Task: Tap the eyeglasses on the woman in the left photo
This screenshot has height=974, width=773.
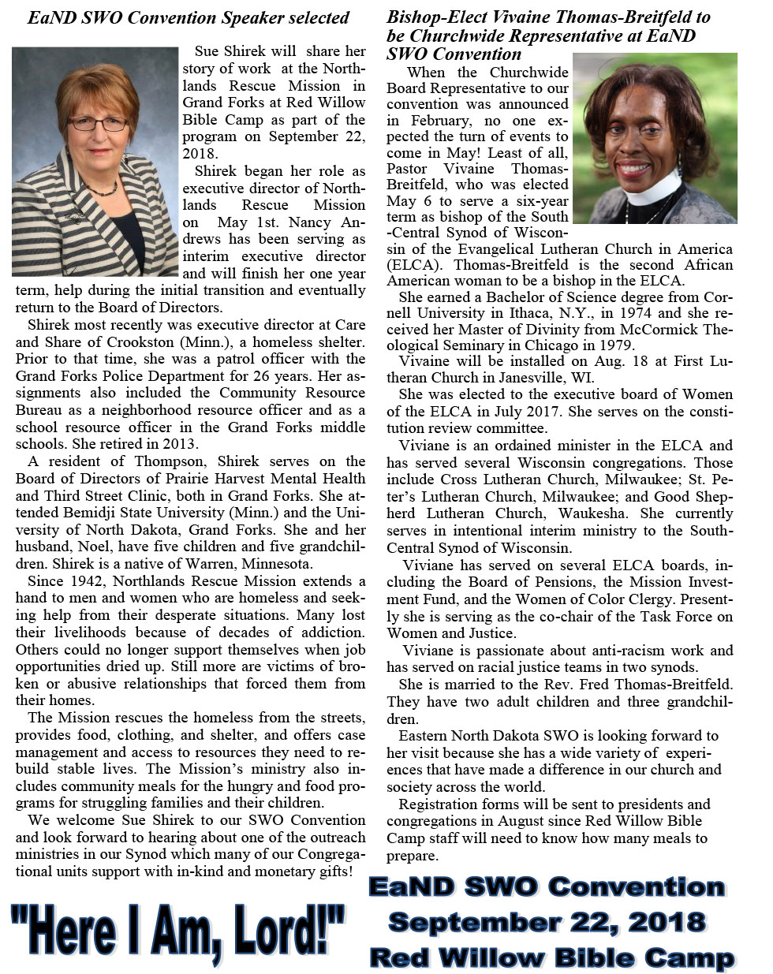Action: [98, 124]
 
